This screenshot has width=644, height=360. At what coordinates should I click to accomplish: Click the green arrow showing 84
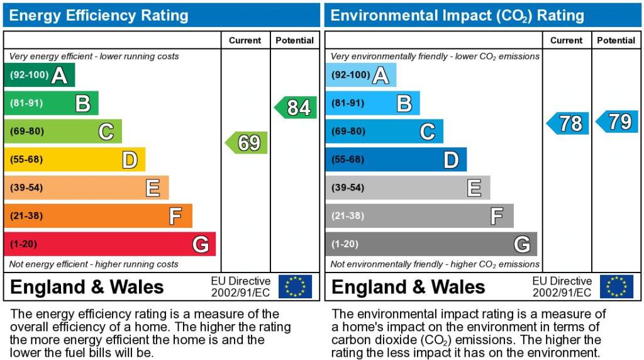tap(296, 108)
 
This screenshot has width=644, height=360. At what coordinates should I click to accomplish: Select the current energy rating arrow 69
tap(247, 143)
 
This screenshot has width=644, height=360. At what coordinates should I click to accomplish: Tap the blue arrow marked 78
tap(569, 123)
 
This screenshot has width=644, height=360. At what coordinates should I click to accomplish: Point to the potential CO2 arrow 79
tap(618, 121)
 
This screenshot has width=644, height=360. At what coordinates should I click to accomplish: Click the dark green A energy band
tap(39, 75)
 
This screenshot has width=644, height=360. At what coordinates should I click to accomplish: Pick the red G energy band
tap(109, 244)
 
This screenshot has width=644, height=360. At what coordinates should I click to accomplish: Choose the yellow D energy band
tap(74, 159)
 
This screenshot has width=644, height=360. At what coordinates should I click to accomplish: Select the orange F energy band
tap(97, 216)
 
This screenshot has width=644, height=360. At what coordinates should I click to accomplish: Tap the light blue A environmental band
tap(360, 75)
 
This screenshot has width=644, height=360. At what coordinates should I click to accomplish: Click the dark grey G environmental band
tap(431, 244)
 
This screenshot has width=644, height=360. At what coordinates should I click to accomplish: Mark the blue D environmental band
tap(396, 159)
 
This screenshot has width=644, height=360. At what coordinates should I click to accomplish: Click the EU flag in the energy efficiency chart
tap(295, 286)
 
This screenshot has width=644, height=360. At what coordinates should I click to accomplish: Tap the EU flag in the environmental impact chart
tap(616, 286)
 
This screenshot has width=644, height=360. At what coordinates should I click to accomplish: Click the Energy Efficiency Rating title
tap(99, 15)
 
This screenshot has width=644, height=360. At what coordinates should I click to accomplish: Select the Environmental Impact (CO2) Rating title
tap(457, 15)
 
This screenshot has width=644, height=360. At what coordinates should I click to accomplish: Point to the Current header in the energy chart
tap(245, 40)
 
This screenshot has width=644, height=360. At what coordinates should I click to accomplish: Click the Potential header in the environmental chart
tap(616, 40)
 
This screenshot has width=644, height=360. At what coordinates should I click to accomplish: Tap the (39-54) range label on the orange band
tap(26, 188)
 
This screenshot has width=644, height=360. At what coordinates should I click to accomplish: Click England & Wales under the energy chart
tap(87, 287)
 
